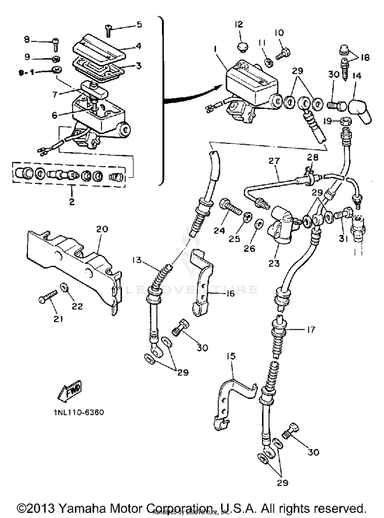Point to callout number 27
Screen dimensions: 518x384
[x=274, y=161]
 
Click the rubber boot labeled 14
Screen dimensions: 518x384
[x=360, y=111]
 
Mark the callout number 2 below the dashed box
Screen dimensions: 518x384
[x=72, y=201]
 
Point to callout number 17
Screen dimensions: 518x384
[x=311, y=330]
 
